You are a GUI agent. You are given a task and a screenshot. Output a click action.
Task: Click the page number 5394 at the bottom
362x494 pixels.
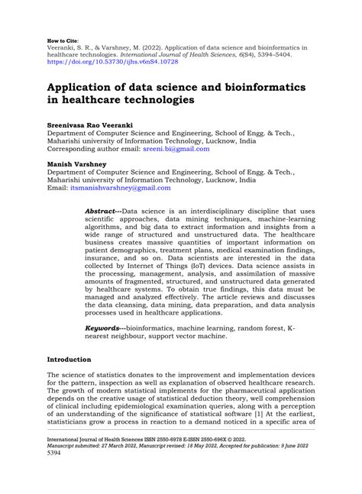click(55, 473)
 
